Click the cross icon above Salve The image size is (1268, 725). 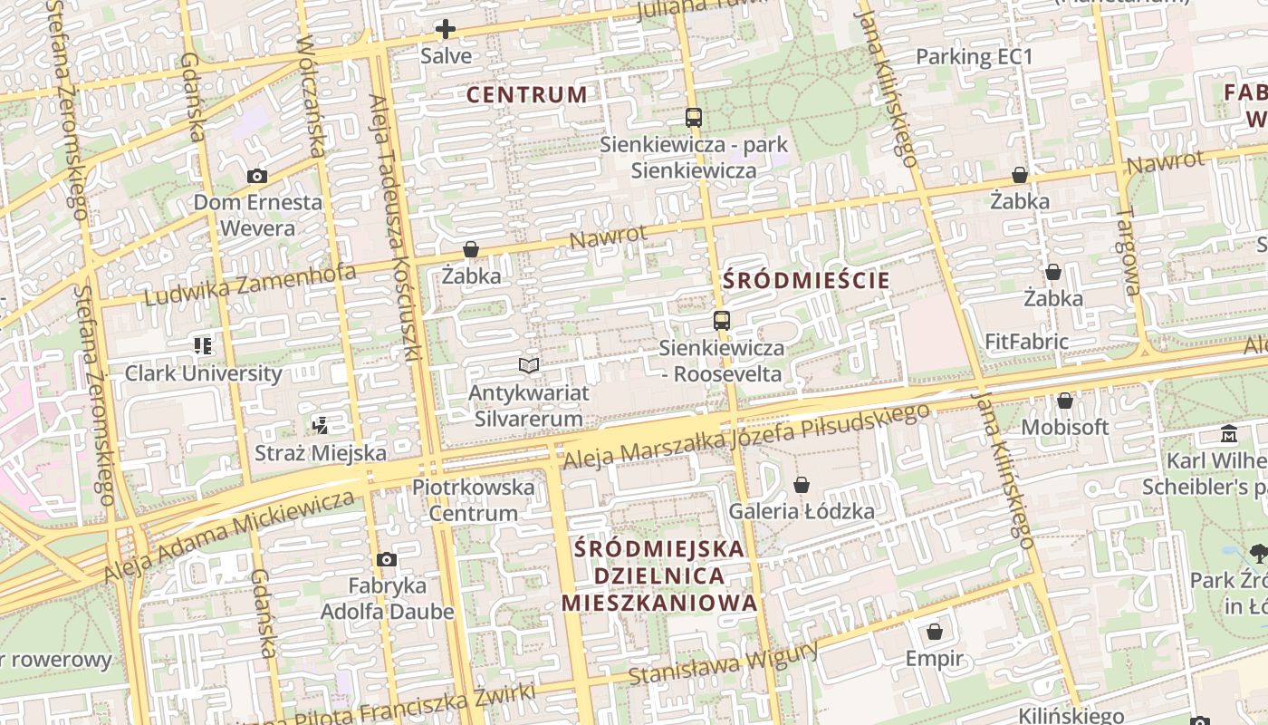point(445,29)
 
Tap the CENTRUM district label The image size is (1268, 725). point(526,94)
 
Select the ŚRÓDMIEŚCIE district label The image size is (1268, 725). point(807,280)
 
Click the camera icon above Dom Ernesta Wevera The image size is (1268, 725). point(257,176)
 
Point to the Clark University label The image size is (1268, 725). point(203,372)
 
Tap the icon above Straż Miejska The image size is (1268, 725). point(320,424)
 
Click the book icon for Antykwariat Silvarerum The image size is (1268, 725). point(529,365)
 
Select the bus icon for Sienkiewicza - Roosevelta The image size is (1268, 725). point(721,320)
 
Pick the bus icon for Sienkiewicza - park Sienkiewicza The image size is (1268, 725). point(694,118)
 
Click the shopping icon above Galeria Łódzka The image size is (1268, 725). point(802,485)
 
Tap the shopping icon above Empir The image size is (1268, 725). point(935,632)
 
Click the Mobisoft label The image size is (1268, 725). point(1065,426)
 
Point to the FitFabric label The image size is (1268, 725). point(1026,342)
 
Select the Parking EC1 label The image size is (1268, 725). point(974,56)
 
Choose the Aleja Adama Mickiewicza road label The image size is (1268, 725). point(228,536)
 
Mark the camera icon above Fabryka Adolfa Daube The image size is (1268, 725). point(387,559)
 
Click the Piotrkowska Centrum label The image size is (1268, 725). point(473,499)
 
